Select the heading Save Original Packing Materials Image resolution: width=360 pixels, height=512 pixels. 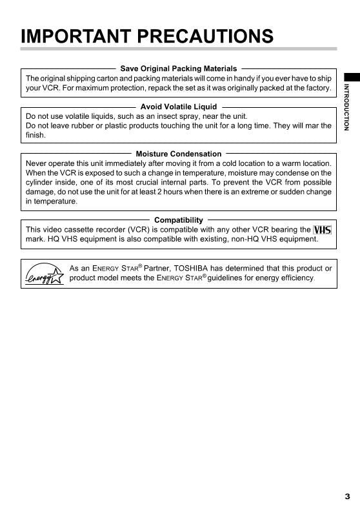(x=179, y=68)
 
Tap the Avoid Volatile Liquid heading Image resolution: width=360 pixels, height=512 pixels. (x=179, y=107)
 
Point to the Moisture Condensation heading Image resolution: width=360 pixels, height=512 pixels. (x=179, y=154)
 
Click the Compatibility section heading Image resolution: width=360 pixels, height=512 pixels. (x=179, y=220)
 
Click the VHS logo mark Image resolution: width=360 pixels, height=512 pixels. (x=322, y=230)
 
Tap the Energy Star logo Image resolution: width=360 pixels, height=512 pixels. (x=44, y=274)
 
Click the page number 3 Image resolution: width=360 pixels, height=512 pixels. (x=347, y=497)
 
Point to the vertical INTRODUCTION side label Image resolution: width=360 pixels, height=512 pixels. (x=346, y=107)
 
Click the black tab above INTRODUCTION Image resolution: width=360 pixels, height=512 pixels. (x=351, y=76)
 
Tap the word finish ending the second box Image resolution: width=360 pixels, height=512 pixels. (x=36, y=135)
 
